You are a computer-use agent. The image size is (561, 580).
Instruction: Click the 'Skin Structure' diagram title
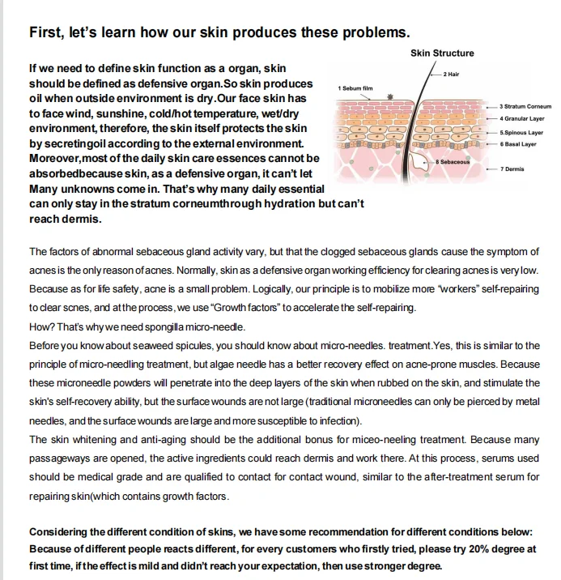pyautogui.click(x=442, y=53)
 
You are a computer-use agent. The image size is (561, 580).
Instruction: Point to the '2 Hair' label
pyautogui.click(x=452, y=75)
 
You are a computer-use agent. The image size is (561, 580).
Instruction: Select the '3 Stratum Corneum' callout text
pyautogui.click(x=525, y=106)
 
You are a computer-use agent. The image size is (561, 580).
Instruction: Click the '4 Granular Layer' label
pyautogui.click(x=521, y=118)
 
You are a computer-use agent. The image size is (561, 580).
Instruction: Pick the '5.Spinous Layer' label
pyautogui.click(x=521, y=132)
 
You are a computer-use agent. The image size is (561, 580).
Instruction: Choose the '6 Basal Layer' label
pyautogui.click(x=518, y=144)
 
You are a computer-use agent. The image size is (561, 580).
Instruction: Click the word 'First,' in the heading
pyautogui.click(x=46, y=33)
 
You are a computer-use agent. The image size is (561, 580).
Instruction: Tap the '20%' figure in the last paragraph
pyautogui.click(x=474, y=548)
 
